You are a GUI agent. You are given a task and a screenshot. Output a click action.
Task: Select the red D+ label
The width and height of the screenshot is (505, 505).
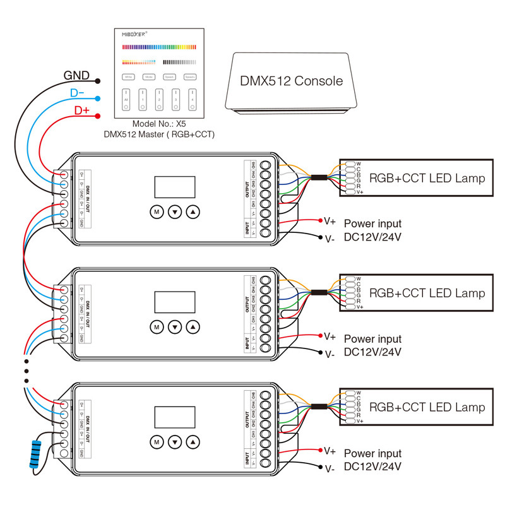pyautogui.click(x=82, y=110)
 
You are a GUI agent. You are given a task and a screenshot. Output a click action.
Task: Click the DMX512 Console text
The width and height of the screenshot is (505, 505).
pyautogui.click(x=291, y=81)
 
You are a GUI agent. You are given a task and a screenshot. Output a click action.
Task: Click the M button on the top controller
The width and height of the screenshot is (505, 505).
pyautogui.click(x=156, y=212)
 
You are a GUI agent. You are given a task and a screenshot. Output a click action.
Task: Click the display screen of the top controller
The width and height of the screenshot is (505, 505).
pyautogui.click(x=175, y=187)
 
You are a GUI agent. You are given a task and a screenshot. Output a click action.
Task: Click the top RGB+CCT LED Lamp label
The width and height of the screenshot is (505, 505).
pyautogui.click(x=427, y=178)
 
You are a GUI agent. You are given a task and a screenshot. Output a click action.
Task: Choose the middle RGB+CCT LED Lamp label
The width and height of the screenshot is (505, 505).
pyautogui.click(x=427, y=293)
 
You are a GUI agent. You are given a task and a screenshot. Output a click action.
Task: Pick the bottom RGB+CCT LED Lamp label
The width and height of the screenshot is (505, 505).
pyautogui.click(x=427, y=407)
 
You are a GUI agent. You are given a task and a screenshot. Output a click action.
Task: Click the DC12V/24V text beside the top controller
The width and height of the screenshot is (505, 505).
pyautogui.click(x=372, y=237)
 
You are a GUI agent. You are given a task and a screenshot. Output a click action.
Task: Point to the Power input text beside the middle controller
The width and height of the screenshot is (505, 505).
pyautogui.click(x=372, y=339)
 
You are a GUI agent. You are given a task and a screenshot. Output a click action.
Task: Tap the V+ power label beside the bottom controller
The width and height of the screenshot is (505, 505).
pyautogui.click(x=330, y=451)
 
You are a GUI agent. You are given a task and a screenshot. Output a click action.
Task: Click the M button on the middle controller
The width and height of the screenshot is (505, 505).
pyautogui.click(x=156, y=327)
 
